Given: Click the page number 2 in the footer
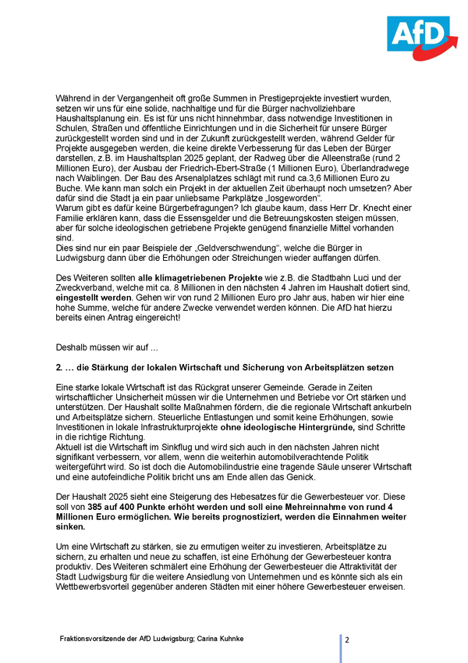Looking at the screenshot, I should click(347, 640).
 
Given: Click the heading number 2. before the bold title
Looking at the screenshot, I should click(60, 366).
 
